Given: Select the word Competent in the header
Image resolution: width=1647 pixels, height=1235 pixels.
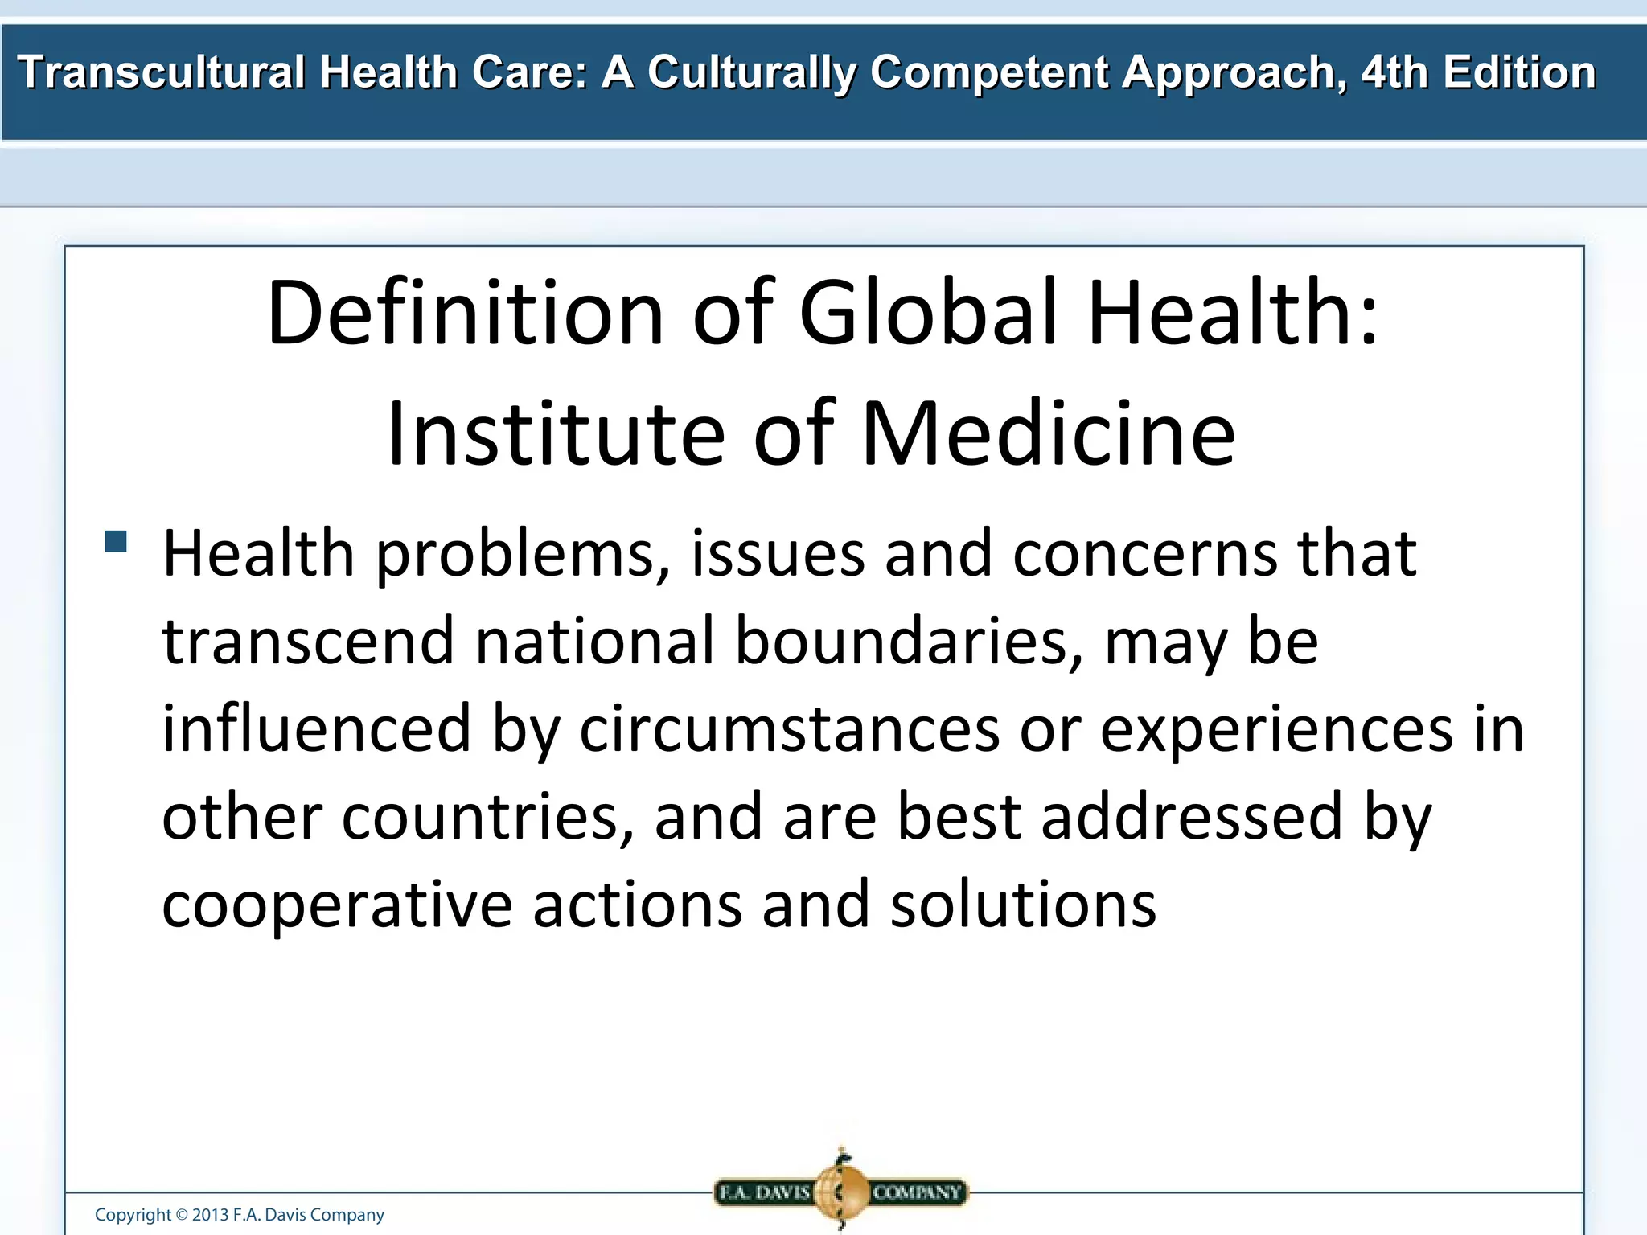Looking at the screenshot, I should (990, 72).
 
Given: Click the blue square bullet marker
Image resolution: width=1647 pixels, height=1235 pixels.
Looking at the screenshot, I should (116, 541).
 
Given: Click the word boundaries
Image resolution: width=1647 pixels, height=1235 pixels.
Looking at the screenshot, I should (909, 642).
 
